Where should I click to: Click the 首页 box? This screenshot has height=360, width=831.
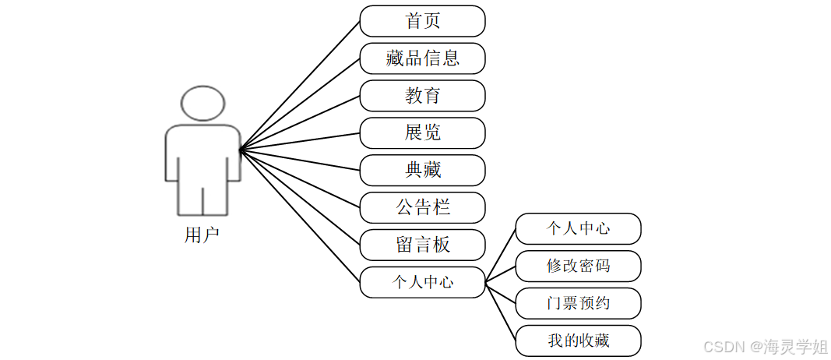[x=422, y=21]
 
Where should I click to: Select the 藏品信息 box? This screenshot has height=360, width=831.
[x=422, y=58]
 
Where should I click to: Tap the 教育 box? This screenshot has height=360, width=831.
[x=422, y=96]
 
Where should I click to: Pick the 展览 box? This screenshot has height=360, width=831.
[x=422, y=133]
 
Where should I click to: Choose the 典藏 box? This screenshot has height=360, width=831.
[x=422, y=170]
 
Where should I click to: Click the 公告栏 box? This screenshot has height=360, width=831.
[x=422, y=207]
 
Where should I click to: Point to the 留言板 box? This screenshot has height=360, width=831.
[x=422, y=245]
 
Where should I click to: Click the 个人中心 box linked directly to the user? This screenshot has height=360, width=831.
[x=422, y=282]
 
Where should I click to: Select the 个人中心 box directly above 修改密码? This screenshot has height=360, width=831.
[x=578, y=228]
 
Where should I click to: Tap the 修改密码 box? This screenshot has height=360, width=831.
[x=578, y=266]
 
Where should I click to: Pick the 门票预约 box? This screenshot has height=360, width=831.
[x=578, y=303]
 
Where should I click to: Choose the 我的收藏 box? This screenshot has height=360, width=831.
[x=578, y=341]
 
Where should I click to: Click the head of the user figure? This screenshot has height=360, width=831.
[x=202, y=104]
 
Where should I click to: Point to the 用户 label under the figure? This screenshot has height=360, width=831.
[x=202, y=235]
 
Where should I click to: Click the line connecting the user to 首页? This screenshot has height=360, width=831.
[x=300, y=85]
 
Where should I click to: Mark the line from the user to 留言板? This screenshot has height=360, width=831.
[x=300, y=197]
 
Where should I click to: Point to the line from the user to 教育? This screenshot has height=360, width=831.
[x=300, y=122]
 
